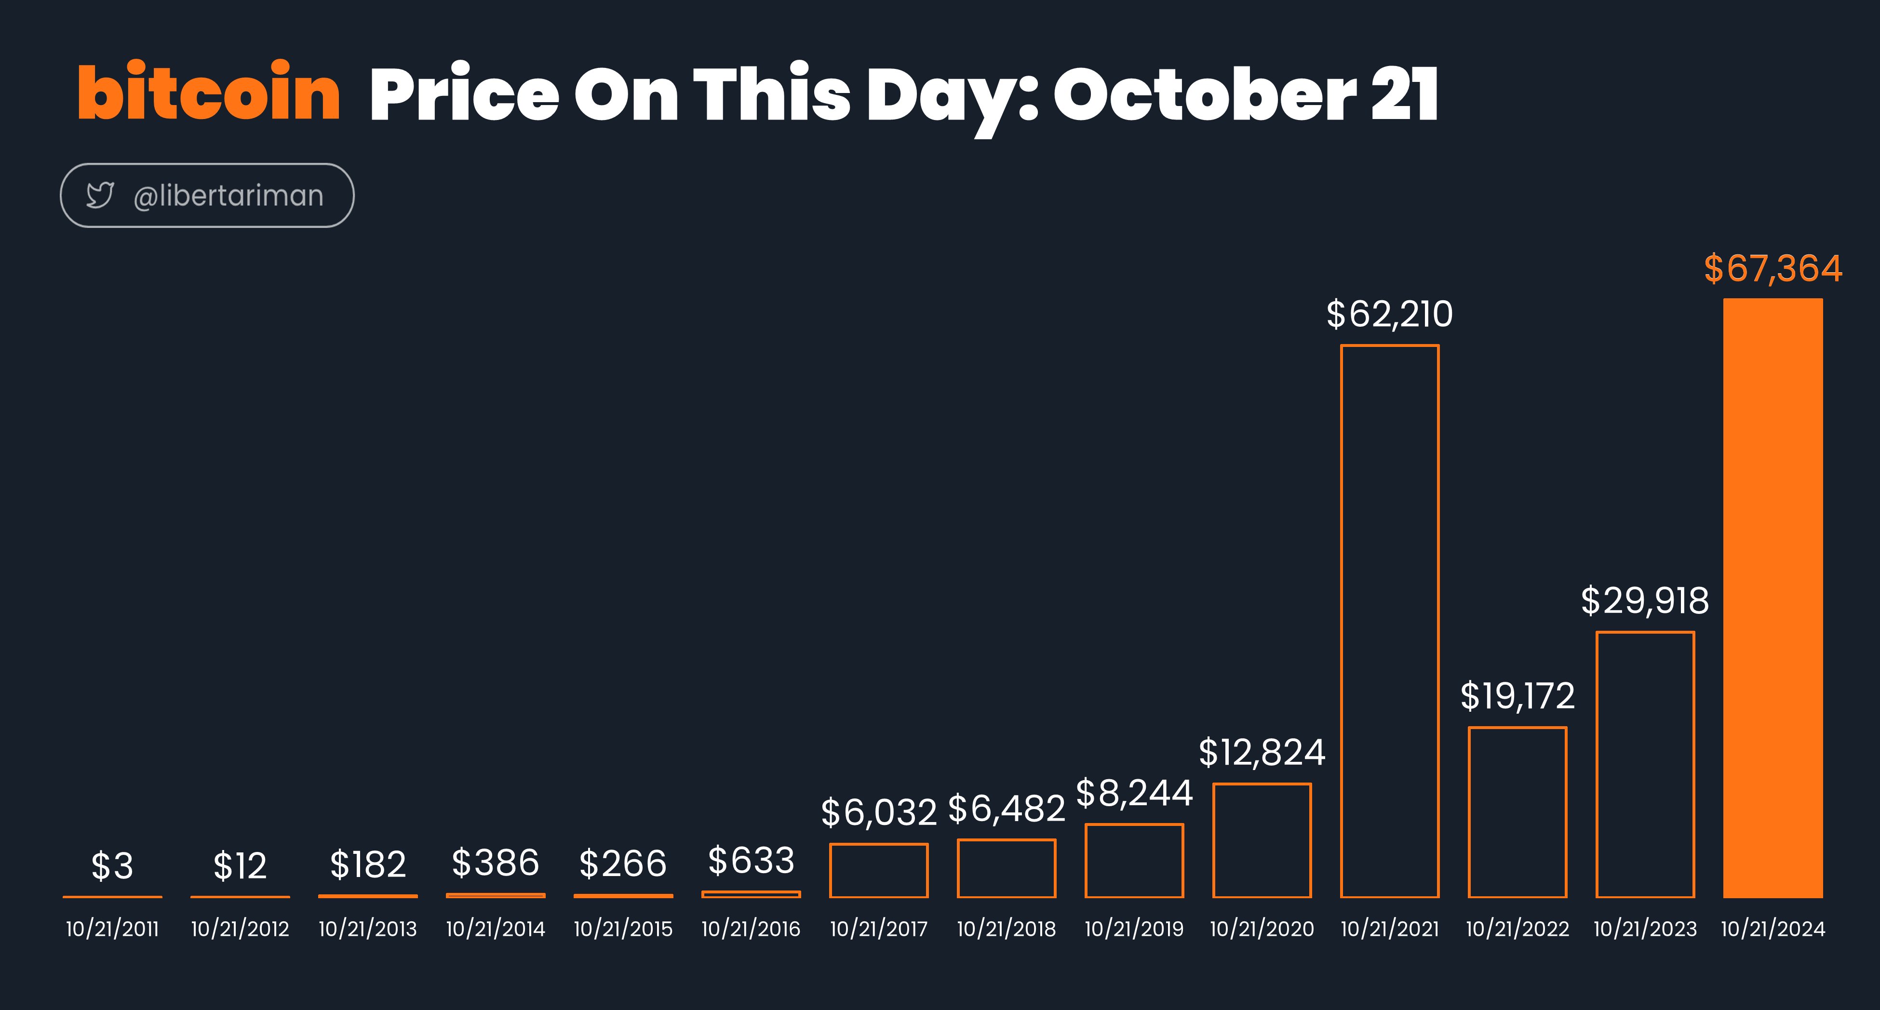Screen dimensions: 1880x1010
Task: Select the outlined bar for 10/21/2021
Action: coord(1342,620)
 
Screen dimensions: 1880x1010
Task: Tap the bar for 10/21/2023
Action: coord(1598,764)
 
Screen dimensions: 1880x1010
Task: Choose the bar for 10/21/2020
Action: coord(1214,840)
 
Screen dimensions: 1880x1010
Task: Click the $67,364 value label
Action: coord(1773,268)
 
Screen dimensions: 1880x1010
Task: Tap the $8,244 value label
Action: coord(1134,793)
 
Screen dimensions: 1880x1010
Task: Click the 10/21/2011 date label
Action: coord(112,929)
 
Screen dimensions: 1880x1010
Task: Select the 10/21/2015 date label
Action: coord(623,929)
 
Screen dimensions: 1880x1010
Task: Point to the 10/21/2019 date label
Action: coord(1134,929)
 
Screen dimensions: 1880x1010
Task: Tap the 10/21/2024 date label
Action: coord(1773,929)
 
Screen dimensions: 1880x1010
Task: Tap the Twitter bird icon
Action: coord(100,195)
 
